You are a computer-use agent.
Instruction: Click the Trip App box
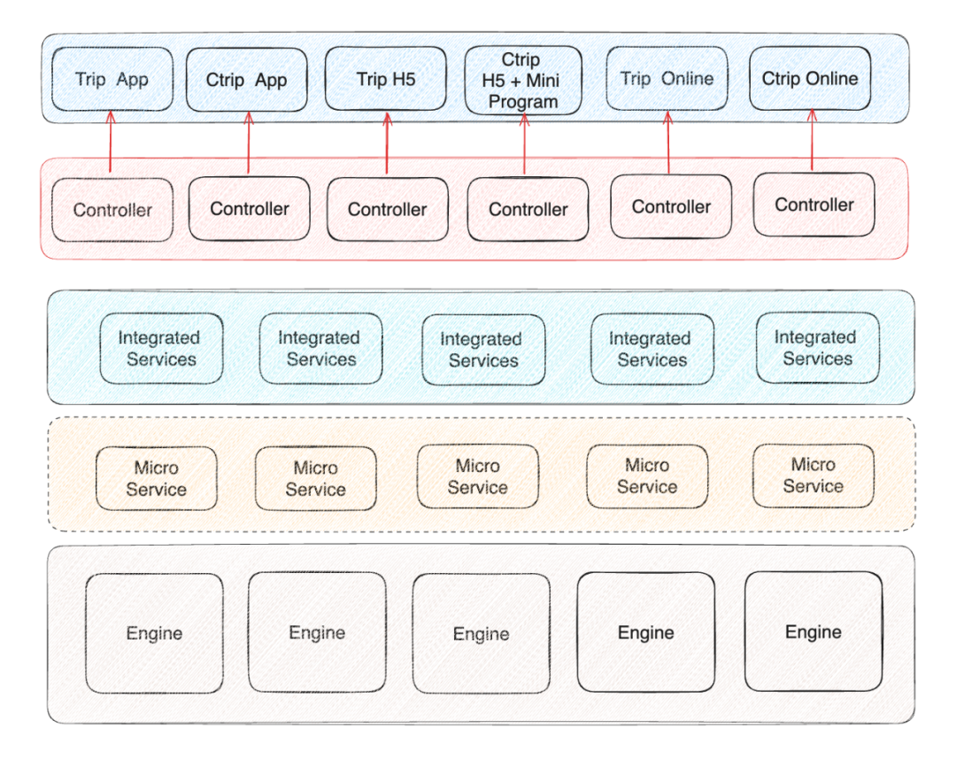coord(112,80)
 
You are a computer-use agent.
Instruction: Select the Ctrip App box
coord(246,80)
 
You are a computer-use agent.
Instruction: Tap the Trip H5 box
coord(386,79)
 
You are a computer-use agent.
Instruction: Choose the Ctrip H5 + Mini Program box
coord(523,81)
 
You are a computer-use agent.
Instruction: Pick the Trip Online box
coord(667,79)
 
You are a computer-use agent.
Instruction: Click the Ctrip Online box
coord(810,78)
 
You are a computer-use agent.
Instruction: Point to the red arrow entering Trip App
coord(110,142)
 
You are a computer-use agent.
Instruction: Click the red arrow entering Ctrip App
coord(248,142)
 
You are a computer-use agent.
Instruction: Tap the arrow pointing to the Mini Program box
coord(524,143)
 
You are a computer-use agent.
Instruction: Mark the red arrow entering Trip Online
coord(668,142)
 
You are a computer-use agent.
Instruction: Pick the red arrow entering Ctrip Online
coord(813,140)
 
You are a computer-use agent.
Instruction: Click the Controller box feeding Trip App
coord(112,210)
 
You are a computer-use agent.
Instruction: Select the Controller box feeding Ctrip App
coord(250,209)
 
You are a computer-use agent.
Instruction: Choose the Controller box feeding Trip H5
coord(387,209)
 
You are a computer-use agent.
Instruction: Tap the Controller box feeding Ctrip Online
coord(814,205)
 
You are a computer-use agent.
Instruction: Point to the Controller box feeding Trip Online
coord(671,206)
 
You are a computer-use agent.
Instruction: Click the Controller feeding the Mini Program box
coord(528,210)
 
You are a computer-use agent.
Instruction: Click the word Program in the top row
coord(523,102)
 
